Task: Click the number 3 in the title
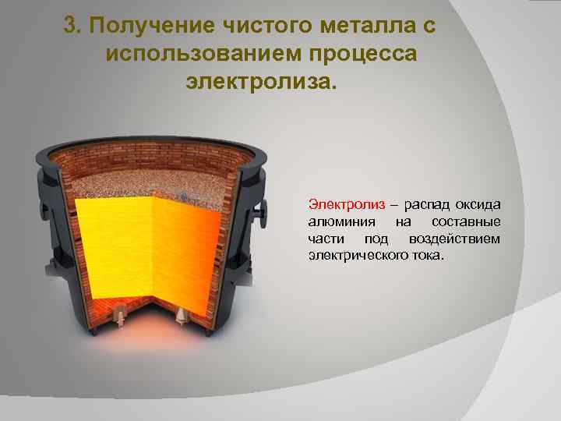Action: (x=72, y=27)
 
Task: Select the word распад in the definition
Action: (x=426, y=204)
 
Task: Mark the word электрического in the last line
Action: (x=352, y=254)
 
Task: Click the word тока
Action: (x=425, y=254)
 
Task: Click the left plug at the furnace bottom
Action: (x=121, y=314)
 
